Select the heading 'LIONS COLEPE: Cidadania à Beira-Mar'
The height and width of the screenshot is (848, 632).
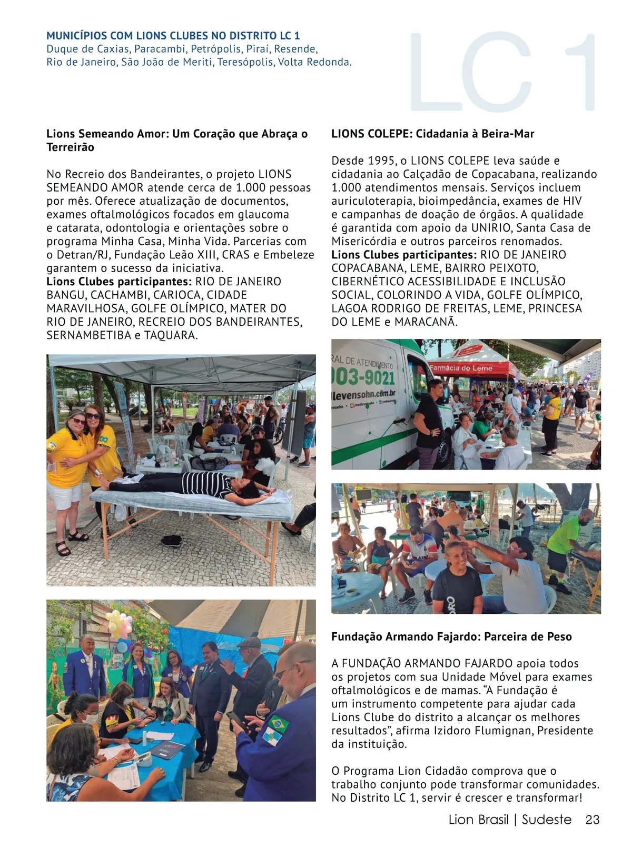point(432,134)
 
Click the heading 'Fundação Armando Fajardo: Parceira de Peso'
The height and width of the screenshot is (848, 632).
point(451,636)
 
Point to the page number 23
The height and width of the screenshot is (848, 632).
point(592,820)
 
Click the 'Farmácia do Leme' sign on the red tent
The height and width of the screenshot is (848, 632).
point(461,368)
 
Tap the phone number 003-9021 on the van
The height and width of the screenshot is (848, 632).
point(363,377)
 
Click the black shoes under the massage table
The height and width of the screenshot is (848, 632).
point(172,540)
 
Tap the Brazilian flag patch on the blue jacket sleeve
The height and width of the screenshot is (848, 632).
point(279,725)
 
